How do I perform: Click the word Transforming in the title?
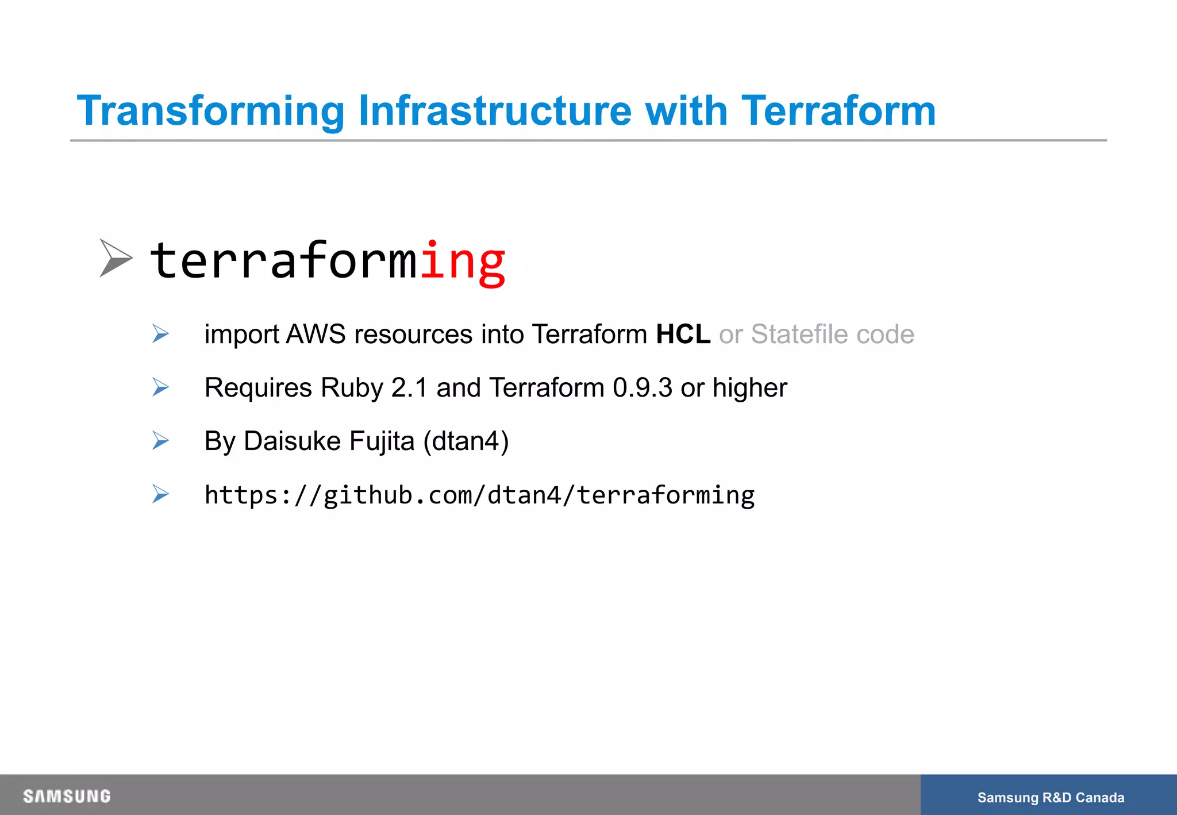tap(210, 111)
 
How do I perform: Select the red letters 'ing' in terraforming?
tap(463, 262)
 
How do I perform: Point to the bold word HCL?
tap(683, 335)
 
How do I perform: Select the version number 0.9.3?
tap(642, 388)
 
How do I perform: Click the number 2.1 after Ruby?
tap(409, 388)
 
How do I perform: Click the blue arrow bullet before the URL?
tap(160, 494)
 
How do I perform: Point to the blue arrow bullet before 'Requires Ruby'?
tap(160, 387)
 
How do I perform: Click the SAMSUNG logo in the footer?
tap(67, 796)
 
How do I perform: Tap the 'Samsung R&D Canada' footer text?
tap(1050, 797)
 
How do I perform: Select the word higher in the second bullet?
tap(749, 388)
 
